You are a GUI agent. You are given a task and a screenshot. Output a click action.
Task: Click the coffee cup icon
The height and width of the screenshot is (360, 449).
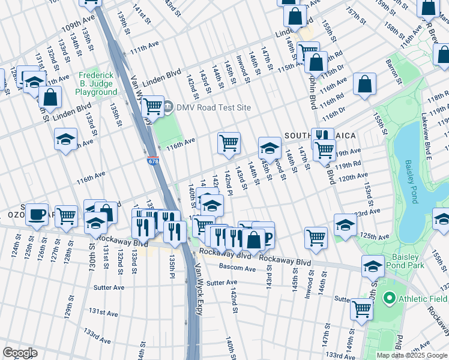coord(37,214)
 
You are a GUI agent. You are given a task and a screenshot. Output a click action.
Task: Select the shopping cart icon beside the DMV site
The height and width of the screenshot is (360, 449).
coord(153,107)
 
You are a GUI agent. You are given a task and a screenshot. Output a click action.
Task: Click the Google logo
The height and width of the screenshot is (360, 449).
coord(20,353)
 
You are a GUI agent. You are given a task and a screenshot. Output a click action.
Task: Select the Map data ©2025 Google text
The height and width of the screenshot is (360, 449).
coord(412,355)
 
